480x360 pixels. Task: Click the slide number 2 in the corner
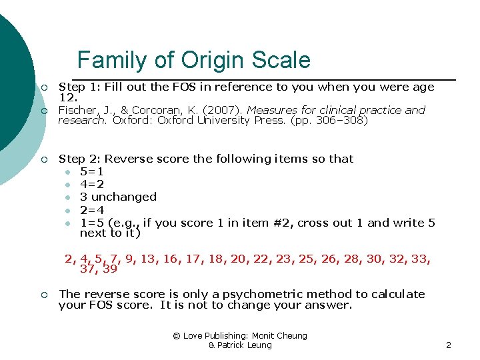pyautogui.click(x=449, y=345)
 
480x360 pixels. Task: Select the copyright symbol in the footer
pyautogui.click(x=177, y=335)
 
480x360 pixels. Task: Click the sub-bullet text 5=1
pyautogui.click(x=91, y=171)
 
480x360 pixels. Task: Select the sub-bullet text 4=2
pyautogui.click(x=91, y=184)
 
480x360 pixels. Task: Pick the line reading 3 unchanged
pyautogui.click(x=118, y=197)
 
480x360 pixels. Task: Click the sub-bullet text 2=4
pyautogui.click(x=91, y=210)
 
